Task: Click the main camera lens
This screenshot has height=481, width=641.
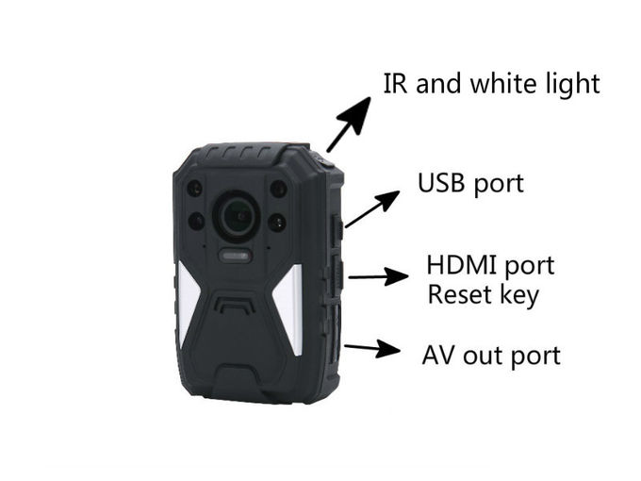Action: click(x=238, y=216)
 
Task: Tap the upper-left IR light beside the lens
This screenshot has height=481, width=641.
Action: click(x=195, y=189)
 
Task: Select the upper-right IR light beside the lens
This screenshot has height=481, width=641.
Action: click(x=279, y=188)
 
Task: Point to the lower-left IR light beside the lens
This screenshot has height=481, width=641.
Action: click(x=196, y=222)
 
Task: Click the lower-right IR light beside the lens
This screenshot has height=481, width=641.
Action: click(x=277, y=223)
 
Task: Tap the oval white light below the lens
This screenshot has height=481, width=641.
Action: click(x=235, y=256)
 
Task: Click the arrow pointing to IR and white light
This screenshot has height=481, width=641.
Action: click(x=348, y=124)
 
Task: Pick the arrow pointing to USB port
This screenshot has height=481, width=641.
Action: click(x=372, y=208)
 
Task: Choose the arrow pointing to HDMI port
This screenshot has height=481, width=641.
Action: click(x=378, y=276)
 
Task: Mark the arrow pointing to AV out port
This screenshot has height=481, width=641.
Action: click(x=372, y=348)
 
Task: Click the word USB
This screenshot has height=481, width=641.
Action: click(x=441, y=183)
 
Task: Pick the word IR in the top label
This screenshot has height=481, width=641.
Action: click(x=395, y=83)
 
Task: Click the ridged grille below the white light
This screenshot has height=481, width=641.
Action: click(x=235, y=305)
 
